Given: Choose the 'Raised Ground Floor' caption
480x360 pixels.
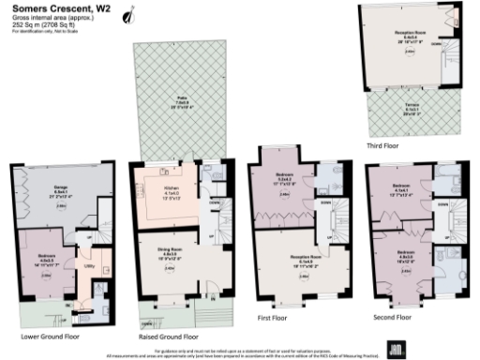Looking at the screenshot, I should (x=170, y=334).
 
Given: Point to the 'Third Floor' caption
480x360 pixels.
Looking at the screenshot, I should (x=387, y=145).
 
